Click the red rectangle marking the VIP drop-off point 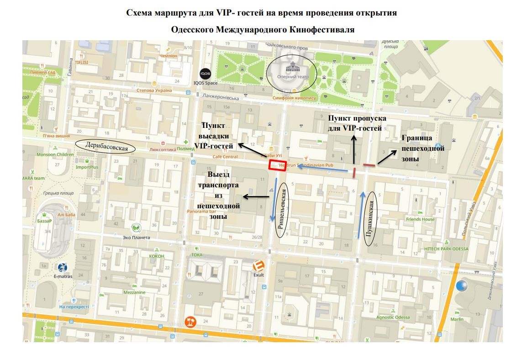[277, 166]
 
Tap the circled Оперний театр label [291, 73]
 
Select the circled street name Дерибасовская [105, 145]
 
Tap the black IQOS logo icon [205, 74]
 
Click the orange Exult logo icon [259, 266]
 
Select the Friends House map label [420, 219]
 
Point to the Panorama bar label [201, 212]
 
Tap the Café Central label [225, 157]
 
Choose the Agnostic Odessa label [393, 317]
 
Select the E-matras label [63, 276]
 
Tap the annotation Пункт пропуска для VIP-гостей [357, 123]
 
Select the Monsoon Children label [55, 154]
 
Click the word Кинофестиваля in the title [322, 29]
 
